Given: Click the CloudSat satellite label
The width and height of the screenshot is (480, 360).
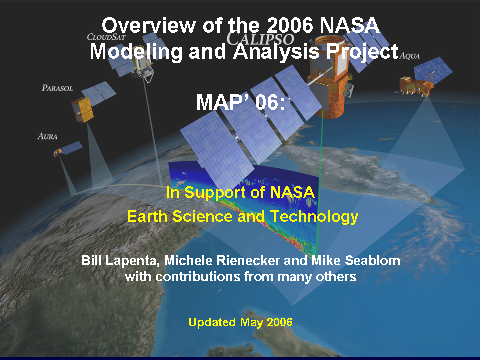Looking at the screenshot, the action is coord(106,37).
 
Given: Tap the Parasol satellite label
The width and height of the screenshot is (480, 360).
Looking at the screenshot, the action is coord(57,88).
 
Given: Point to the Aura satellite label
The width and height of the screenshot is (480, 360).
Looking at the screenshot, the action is coord(48,136).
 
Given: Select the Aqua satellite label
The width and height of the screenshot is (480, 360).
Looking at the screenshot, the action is coord(409,56).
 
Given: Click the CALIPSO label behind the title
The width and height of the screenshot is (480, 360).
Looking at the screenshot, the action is coord(260,39).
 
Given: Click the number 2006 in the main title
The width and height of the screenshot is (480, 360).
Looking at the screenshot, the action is coord(290,25).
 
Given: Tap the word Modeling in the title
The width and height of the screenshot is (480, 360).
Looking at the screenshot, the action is coord(136,52).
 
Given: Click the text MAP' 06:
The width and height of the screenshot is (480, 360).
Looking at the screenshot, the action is coord(240,102).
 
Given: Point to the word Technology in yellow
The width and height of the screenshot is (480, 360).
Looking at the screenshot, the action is coord(314,217).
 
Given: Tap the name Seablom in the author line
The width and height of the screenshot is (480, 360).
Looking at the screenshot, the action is coord(373,261).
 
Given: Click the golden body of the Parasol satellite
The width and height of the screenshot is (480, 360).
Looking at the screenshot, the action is coord(82,110).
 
